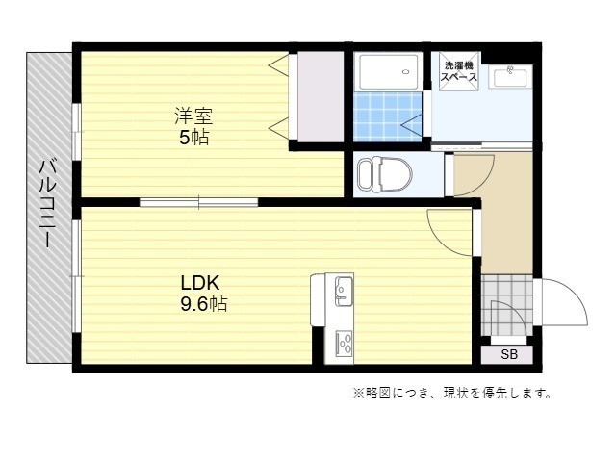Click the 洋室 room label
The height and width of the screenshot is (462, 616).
coord(193,115)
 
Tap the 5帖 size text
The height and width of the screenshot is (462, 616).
coord(193,137)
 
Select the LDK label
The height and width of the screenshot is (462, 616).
coord(199,282)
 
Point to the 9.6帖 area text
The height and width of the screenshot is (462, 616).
coord(204,303)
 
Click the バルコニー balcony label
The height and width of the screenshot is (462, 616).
coord(47,203)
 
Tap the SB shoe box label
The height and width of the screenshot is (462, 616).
coord(509,355)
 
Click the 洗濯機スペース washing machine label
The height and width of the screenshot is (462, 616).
coord(459,71)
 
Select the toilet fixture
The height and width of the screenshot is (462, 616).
coord(384,175)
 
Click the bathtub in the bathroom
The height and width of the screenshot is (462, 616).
coord(389,71)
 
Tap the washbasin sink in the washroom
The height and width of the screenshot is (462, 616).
coord(510,76)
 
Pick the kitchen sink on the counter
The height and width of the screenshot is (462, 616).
coord(344,292)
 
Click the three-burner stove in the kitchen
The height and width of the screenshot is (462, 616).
coord(344,345)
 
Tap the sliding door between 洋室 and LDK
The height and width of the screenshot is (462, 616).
coord(199,203)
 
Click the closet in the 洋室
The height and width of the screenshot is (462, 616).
coord(321,96)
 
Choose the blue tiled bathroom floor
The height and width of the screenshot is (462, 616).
coord(388,116)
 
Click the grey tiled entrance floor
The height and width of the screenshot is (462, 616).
coord(507,305)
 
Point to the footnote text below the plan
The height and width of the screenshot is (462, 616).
coord(451,393)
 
